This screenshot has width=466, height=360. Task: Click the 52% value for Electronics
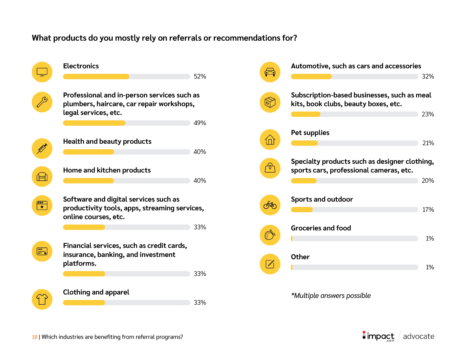coord(200,77)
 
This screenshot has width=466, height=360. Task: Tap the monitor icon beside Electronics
coord(42,72)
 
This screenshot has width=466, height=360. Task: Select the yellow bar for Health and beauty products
coord(88,152)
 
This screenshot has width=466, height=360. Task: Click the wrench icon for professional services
coord(42,102)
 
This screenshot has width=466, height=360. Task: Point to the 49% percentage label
coord(200,123)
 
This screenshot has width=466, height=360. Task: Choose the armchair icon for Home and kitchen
coord(42,177)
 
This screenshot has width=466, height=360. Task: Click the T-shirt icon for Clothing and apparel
coord(42,299)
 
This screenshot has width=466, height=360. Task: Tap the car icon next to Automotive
coord(270,72)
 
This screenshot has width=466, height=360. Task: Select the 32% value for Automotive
coord(428,77)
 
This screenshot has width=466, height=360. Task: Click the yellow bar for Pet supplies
coord(304,143)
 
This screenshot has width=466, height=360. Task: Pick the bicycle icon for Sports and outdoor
coord(270,205)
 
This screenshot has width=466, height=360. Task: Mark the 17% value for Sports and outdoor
coord(428,210)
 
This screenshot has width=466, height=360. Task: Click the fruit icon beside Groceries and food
coord(270,235)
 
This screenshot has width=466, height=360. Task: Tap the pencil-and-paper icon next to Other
coord(270,264)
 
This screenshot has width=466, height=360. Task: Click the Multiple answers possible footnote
coord(331,296)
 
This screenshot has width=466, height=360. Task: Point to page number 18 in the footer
coord(35,337)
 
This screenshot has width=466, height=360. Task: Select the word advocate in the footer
coord(419,337)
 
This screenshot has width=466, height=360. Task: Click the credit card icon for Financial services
coord(42,251)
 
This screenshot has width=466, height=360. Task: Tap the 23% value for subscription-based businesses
coord(428,114)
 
